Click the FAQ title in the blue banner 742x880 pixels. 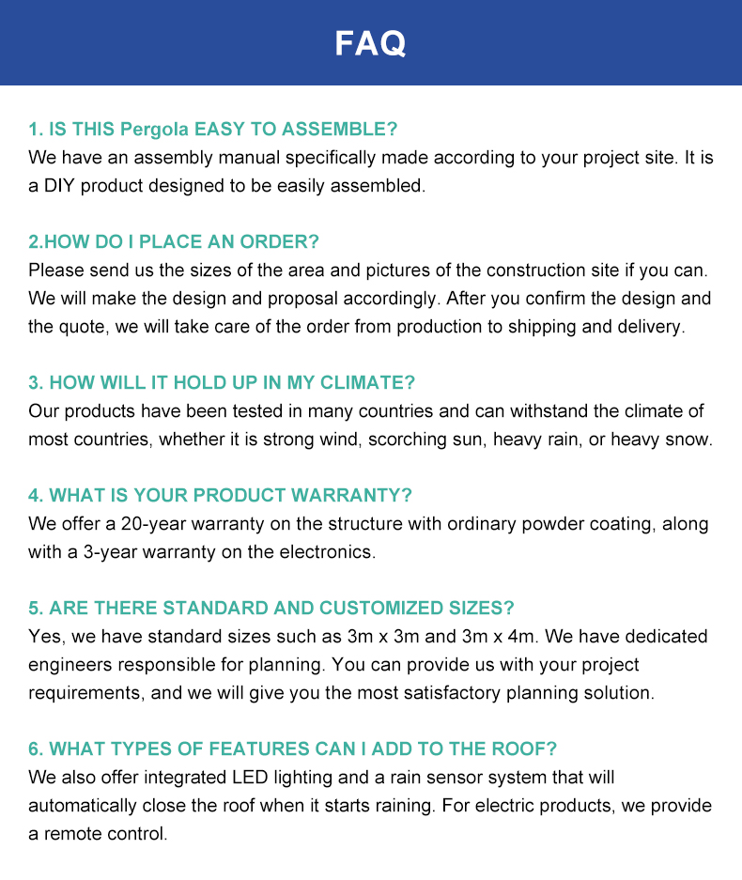pyautogui.click(x=370, y=43)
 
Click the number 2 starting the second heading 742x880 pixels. pyautogui.click(x=34, y=242)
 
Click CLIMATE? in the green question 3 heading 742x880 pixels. pyautogui.click(x=368, y=383)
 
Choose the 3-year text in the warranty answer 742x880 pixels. pyautogui.click(x=110, y=552)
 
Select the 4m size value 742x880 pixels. pyautogui.click(x=521, y=637)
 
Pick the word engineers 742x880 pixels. pyautogui.click(x=69, y=665)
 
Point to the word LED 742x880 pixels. pyautogui.click(x=246, y=778)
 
